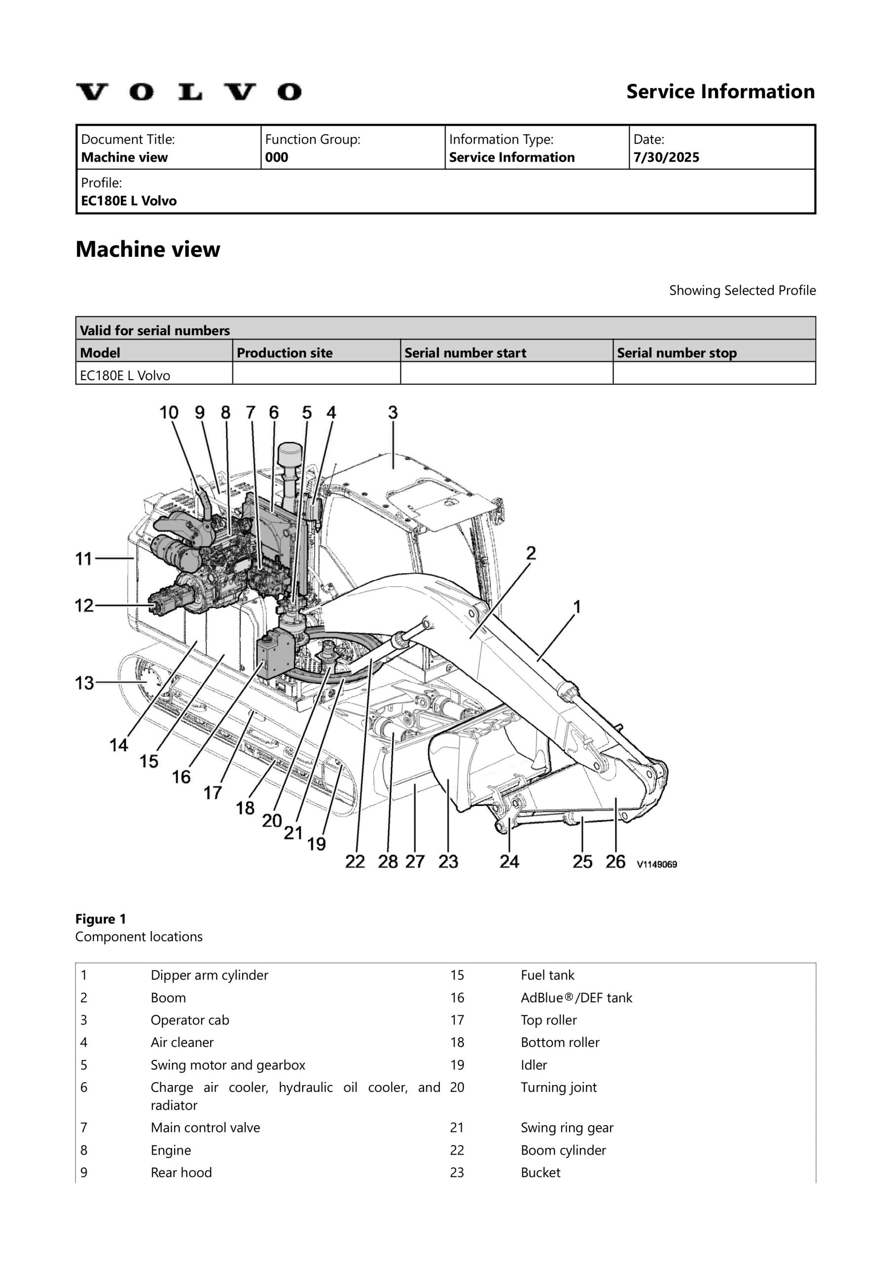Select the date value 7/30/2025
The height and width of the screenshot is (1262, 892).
point(666,158)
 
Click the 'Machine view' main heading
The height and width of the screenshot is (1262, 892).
point(147,249)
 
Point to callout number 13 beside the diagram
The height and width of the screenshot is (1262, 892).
point(84,683)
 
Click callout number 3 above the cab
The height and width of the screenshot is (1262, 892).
point(392,412)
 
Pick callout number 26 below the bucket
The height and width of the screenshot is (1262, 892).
point(615,861)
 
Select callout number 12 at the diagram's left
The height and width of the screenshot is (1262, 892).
point(84,605)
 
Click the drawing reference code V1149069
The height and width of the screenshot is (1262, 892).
point(657,864)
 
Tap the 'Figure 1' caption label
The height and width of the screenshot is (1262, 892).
point(101,919)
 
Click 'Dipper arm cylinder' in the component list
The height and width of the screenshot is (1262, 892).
point(209,975)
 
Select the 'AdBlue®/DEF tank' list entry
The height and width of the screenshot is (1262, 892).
point(576,998)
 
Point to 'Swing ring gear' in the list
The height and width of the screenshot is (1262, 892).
point(567,1128)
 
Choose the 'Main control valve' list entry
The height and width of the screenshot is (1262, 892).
point(205,1128)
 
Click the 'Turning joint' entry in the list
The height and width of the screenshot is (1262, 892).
point(558,1087)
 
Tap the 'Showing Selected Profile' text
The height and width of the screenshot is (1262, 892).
point(742,290)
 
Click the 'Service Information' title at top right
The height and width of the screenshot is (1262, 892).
point(720,92)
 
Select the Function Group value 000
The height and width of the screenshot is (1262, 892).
point(277,158)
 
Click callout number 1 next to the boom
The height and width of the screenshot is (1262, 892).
point(577,607)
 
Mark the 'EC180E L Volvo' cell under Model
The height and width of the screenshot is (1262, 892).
point(125,376)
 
